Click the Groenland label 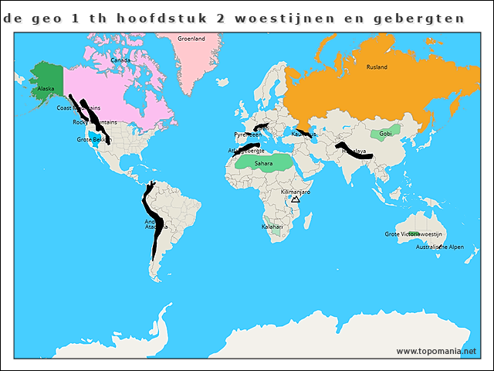[191, 38]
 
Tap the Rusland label [377, 67]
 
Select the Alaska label [46, 89]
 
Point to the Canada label [120, 60]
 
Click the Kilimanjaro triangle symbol [295, 199]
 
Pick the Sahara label [263, 163]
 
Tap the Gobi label [385, 134]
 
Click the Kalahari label [272, 226]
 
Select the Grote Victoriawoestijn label [412, 233]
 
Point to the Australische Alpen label [440, 247]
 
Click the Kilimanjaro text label [296, 191]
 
